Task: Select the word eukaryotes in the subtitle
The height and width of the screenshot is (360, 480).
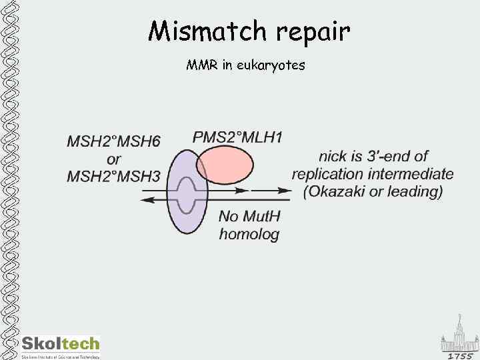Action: tap(273, 65)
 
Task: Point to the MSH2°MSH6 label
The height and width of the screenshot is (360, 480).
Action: tap(113, 141)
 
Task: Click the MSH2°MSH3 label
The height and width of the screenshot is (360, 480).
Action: tap(113, 177)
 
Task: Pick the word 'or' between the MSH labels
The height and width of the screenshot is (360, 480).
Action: tap(114, 159)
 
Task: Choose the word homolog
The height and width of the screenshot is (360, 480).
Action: tap(249, 234)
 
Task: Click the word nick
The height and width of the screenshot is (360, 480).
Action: tap(333, 157)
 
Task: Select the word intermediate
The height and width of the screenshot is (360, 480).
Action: tap(413, 174)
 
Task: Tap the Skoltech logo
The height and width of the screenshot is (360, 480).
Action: tap(60, 345)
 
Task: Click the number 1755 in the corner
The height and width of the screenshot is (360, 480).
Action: tap(460, 356)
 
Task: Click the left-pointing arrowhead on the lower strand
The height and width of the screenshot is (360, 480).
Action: tap(146, 199)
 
